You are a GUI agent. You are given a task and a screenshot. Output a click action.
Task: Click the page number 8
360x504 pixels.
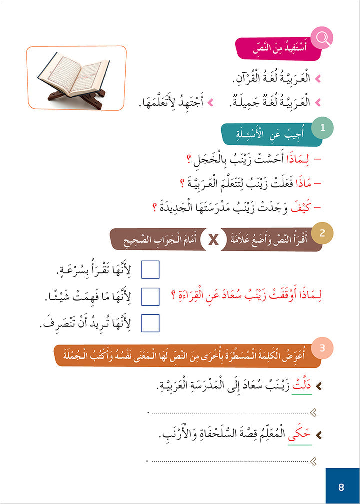341,487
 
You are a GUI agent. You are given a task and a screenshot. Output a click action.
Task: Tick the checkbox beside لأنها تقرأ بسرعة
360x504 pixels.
150,269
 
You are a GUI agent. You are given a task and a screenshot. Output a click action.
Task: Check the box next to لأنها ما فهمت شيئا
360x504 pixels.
150,296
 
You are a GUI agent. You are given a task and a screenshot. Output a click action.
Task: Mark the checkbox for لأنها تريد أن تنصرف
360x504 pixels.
150,323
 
